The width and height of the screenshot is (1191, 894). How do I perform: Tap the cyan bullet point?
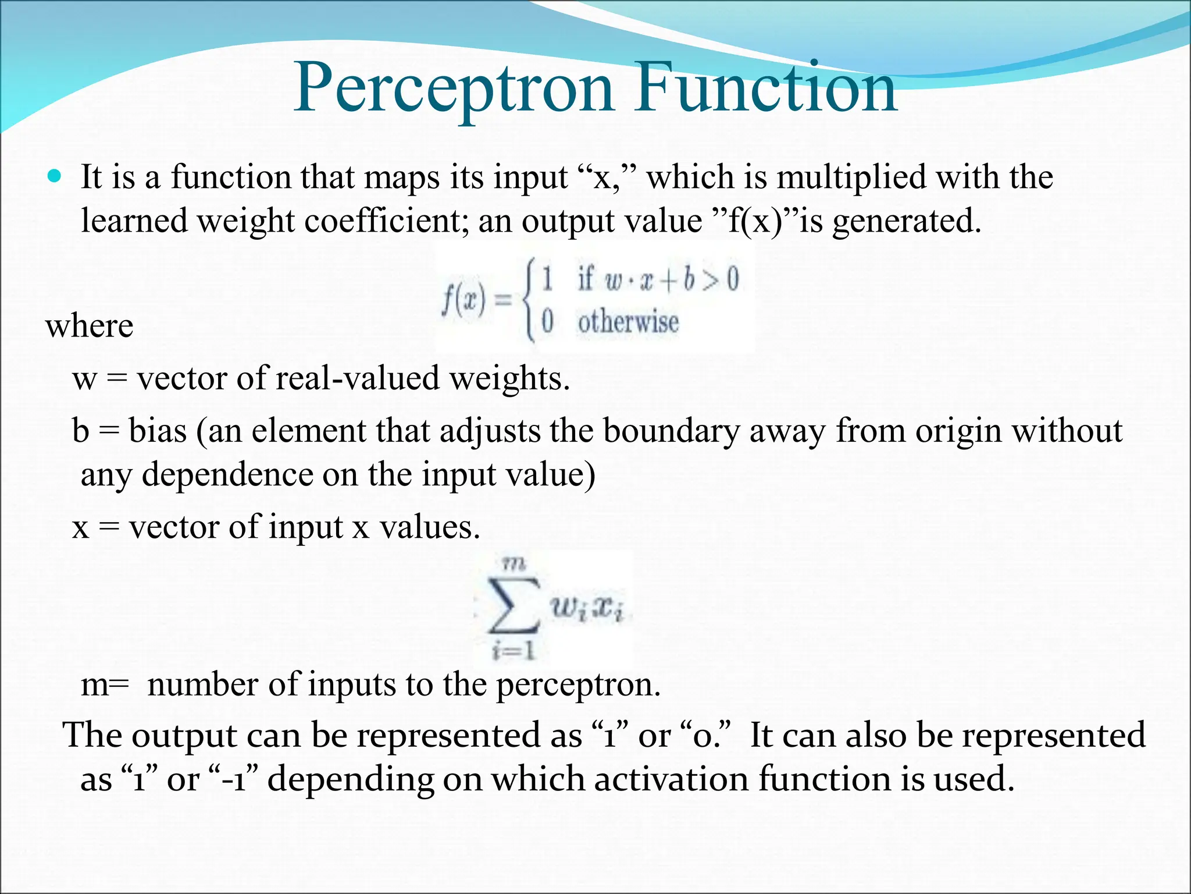click(55, 176)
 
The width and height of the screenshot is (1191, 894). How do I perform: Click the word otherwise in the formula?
click(628, 322)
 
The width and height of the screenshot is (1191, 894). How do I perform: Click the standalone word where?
click(90, 325)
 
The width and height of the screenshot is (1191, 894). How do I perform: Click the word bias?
click(158, 431)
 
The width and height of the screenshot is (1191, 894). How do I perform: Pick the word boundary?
click(671, 431)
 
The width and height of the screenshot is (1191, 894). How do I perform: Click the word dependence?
click(227, 474)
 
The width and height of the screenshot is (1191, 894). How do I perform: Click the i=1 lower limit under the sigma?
click(514, 651)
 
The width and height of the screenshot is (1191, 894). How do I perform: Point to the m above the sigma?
click(514, 563)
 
